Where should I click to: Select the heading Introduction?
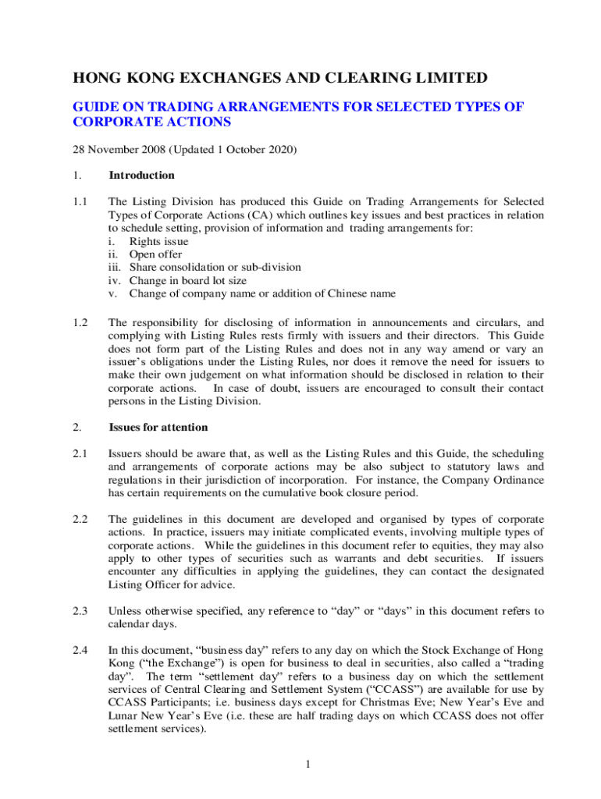coord(142,176)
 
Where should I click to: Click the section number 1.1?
coord(80,201)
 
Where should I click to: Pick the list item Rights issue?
coord(158,242)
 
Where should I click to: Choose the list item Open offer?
coord(157,254)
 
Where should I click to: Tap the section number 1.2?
coord(80,321)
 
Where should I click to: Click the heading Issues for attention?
coord(158,428)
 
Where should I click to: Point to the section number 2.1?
coord(80,453)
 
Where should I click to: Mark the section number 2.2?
coord(80,519)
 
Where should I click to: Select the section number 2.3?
coord(80,611)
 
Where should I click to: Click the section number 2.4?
coord(80,649)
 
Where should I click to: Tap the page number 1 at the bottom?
coord(309,763)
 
